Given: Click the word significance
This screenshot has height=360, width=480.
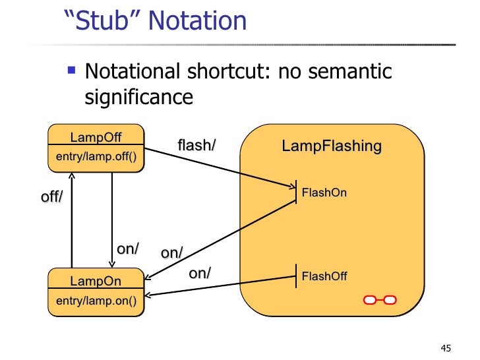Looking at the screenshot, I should tap(139, 98).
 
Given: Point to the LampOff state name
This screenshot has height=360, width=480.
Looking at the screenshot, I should tap(96, 137).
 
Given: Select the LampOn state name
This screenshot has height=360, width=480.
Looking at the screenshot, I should tap(96, 281).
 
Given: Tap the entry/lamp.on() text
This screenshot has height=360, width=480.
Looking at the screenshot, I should tap(96, 302).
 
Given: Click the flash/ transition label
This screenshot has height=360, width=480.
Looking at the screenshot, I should tap(196, 144).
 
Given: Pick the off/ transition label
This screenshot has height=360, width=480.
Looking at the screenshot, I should tap(52, 196).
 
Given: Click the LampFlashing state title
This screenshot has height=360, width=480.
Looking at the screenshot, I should tap(332, 146).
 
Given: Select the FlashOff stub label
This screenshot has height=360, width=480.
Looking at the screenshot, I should tap(324, 276).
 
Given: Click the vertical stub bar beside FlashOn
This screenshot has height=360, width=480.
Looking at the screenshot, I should tap(295, 192).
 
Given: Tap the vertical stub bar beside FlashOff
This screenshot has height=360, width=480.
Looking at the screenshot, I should tap(295, 276).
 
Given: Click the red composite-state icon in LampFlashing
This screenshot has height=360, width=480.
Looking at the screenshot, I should tap(379, 300).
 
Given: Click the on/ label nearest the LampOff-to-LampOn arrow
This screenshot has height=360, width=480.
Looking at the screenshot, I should tap(127, 249).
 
